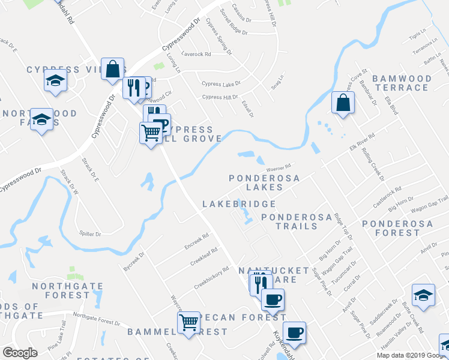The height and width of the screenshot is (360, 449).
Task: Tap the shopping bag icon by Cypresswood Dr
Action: tap(113, 69)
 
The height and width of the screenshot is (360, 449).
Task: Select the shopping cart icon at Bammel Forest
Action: tap(188, 322)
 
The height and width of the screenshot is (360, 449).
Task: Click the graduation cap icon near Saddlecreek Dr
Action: tap(423, 295)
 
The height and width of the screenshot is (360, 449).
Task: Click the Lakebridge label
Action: tap(238, 205)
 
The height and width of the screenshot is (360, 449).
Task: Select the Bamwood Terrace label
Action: tap(402, 83)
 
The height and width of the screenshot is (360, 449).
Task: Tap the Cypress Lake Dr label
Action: tap(221, 84)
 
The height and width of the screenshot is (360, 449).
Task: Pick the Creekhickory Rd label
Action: tap(212, 278)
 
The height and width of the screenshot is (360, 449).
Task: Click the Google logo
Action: tap(20, 353)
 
